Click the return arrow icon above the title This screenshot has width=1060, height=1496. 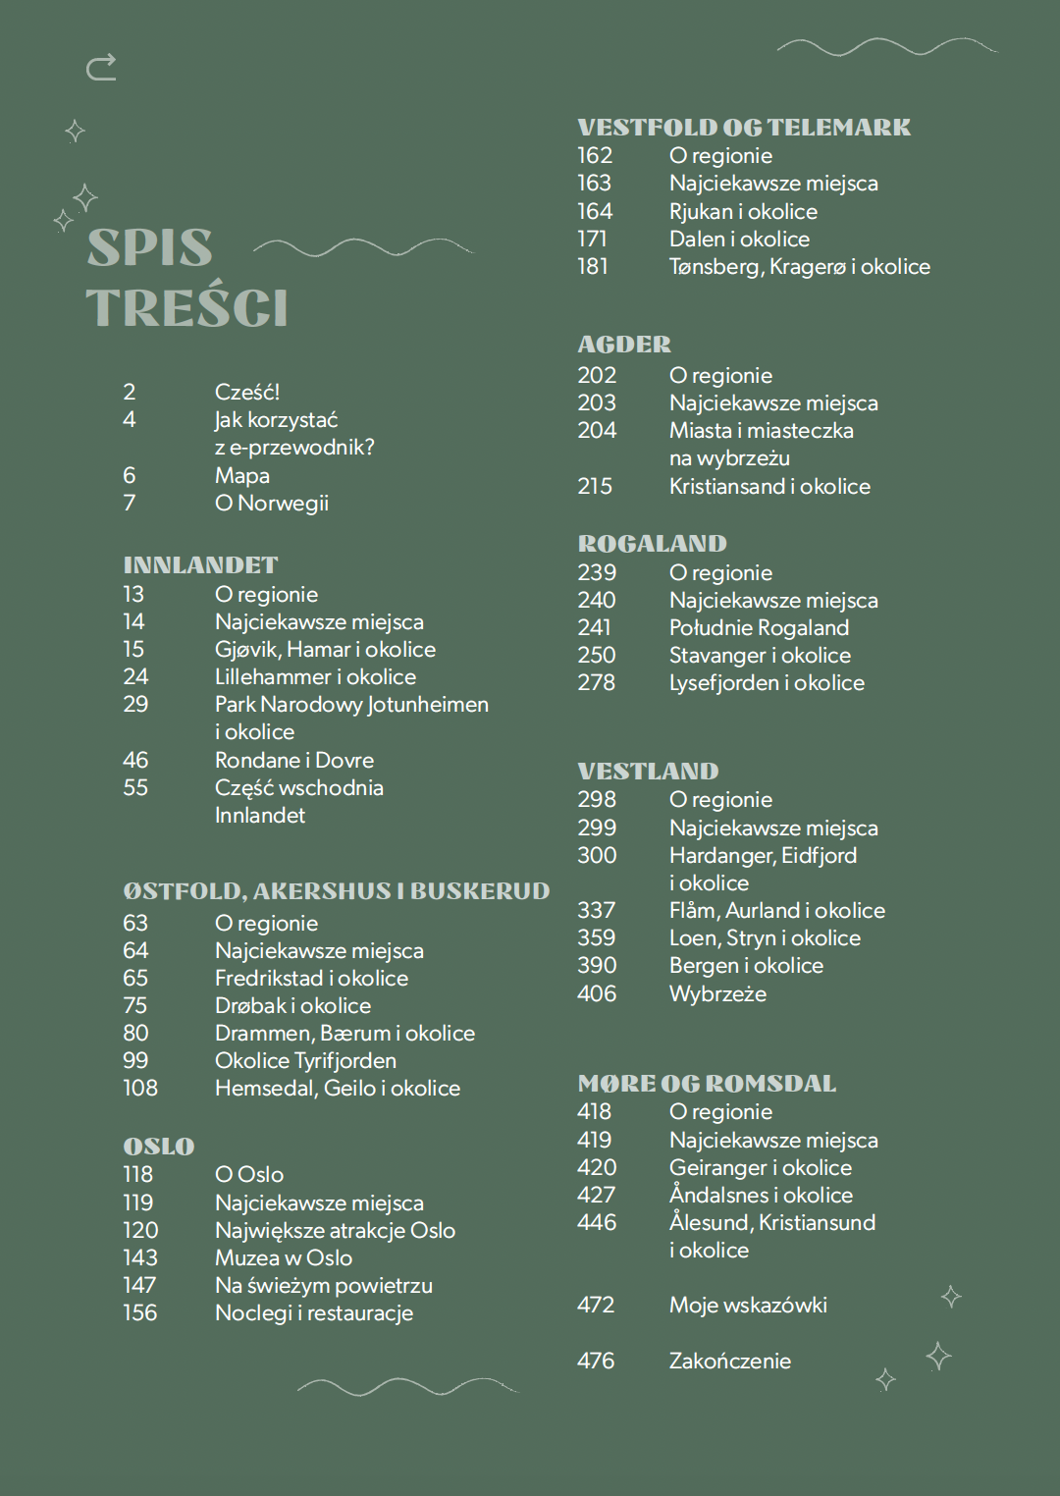pos(101,67)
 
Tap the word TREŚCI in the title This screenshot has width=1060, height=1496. pos(186,308)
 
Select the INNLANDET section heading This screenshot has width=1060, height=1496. pos(200,565)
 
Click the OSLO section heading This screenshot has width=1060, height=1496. pos(159,1147)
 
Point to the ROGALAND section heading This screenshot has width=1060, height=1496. pos(652,544)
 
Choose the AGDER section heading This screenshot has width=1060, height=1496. pos(624,345)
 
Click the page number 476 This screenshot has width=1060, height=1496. pos(596,1361)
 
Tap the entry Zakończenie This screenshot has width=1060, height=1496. pos(729,1361)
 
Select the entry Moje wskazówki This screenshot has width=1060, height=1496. pos(748,1305)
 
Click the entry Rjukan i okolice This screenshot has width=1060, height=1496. pos(743,211)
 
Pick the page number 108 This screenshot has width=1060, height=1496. pos(140,1088)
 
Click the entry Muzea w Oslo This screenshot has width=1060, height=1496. pos(283,1257)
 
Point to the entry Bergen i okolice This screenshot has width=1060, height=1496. pos(746,965)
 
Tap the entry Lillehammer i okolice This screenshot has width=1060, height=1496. pos(315,676)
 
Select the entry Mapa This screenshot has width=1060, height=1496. pos(241,475)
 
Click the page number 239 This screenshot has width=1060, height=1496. pos(597,572)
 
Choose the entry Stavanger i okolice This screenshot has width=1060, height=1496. pos(760,655)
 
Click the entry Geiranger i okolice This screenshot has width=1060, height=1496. pos(760,1167)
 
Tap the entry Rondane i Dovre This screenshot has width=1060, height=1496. pos(293,760)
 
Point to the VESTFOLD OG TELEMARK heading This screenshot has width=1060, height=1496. pos(744,128)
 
